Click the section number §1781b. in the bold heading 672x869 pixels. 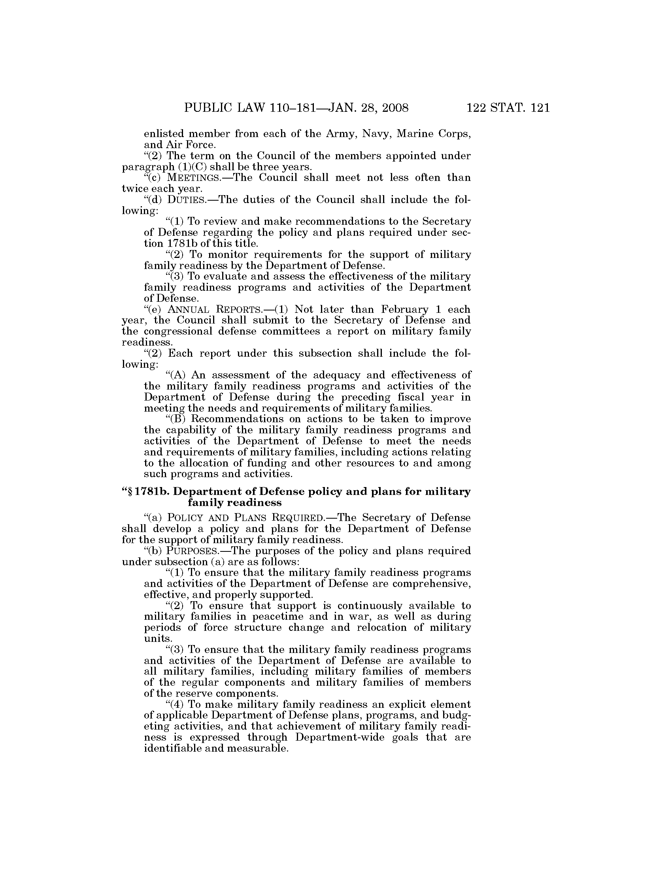(148, 492)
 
